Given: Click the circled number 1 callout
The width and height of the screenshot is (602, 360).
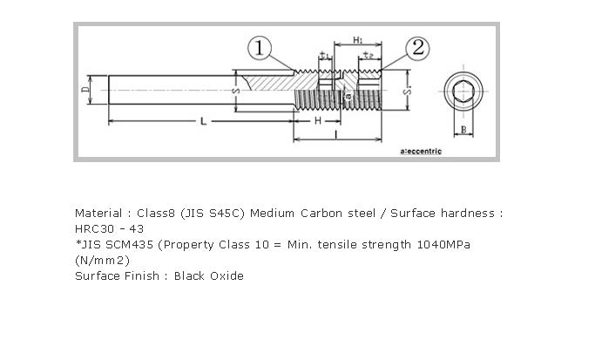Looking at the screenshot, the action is coord(260,48).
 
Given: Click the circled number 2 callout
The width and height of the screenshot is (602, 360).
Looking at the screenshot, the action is coord(417,48).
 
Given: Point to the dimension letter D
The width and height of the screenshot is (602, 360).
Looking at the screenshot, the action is coord(85,90).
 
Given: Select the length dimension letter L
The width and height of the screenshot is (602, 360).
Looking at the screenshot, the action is coord(204,121).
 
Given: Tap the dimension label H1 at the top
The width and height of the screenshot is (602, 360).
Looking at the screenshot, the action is coord(358,39).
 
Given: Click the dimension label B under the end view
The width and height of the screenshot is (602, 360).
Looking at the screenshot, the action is coord(463,130).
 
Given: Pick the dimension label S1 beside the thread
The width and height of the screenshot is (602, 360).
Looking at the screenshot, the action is coord(408,91).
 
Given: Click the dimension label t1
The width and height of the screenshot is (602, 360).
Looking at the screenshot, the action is coord(326,55).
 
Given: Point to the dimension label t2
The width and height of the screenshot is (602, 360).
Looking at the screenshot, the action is coord(369,55).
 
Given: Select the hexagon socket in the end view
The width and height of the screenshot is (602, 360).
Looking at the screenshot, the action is coord(463,92).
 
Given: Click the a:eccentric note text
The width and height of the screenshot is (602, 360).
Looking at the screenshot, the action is coord(421,152).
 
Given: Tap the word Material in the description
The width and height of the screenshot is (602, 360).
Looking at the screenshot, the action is coord(98,213).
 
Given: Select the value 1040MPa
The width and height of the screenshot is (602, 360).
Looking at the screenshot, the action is coord(443,245).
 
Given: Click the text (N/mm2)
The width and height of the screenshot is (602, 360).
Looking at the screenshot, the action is coord(103,261).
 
